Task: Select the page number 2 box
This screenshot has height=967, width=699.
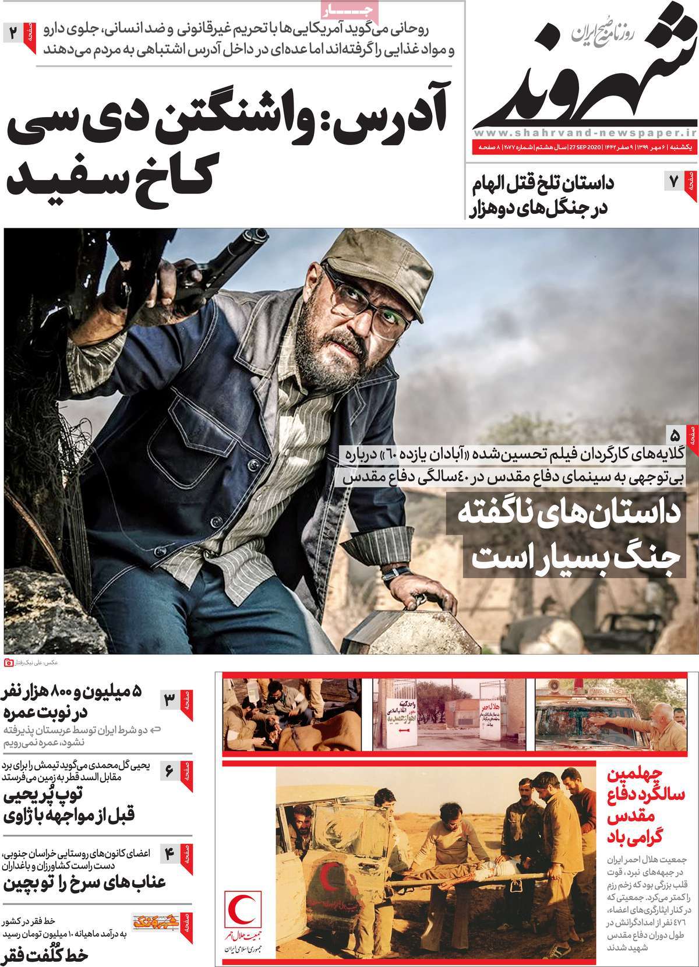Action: click(x=13, y=33)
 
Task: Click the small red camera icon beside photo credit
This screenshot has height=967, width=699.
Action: click(x=8, y=662)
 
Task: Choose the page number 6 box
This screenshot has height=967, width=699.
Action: click(x=170, y=771)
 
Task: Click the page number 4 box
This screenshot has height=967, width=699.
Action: click(x=170, y=853)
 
